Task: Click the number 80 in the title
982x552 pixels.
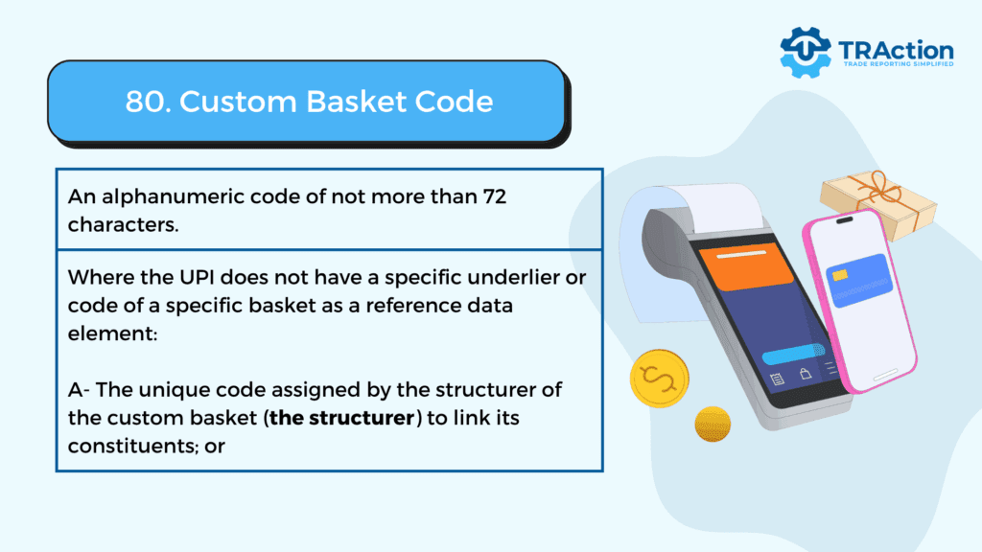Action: pos(145,102)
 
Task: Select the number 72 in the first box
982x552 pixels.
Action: pos(494,196)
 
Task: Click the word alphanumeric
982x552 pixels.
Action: pos(173,197)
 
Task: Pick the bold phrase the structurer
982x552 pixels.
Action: pos(342,418)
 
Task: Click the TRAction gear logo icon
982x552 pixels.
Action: pos(806,53)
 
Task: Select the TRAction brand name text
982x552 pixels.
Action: pos(896,50)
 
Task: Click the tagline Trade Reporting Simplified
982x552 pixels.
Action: pos(898,64)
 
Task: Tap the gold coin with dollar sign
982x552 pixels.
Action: pos(659,379)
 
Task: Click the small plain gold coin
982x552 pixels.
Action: pos(713,424)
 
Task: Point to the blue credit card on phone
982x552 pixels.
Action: pos(859,280)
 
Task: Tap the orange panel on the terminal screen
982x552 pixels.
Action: pos(746,267)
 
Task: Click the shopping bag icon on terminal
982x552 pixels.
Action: pos(806,374)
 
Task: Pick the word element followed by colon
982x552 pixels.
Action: pos(113,333)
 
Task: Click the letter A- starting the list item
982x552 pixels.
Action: pos(79,390)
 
